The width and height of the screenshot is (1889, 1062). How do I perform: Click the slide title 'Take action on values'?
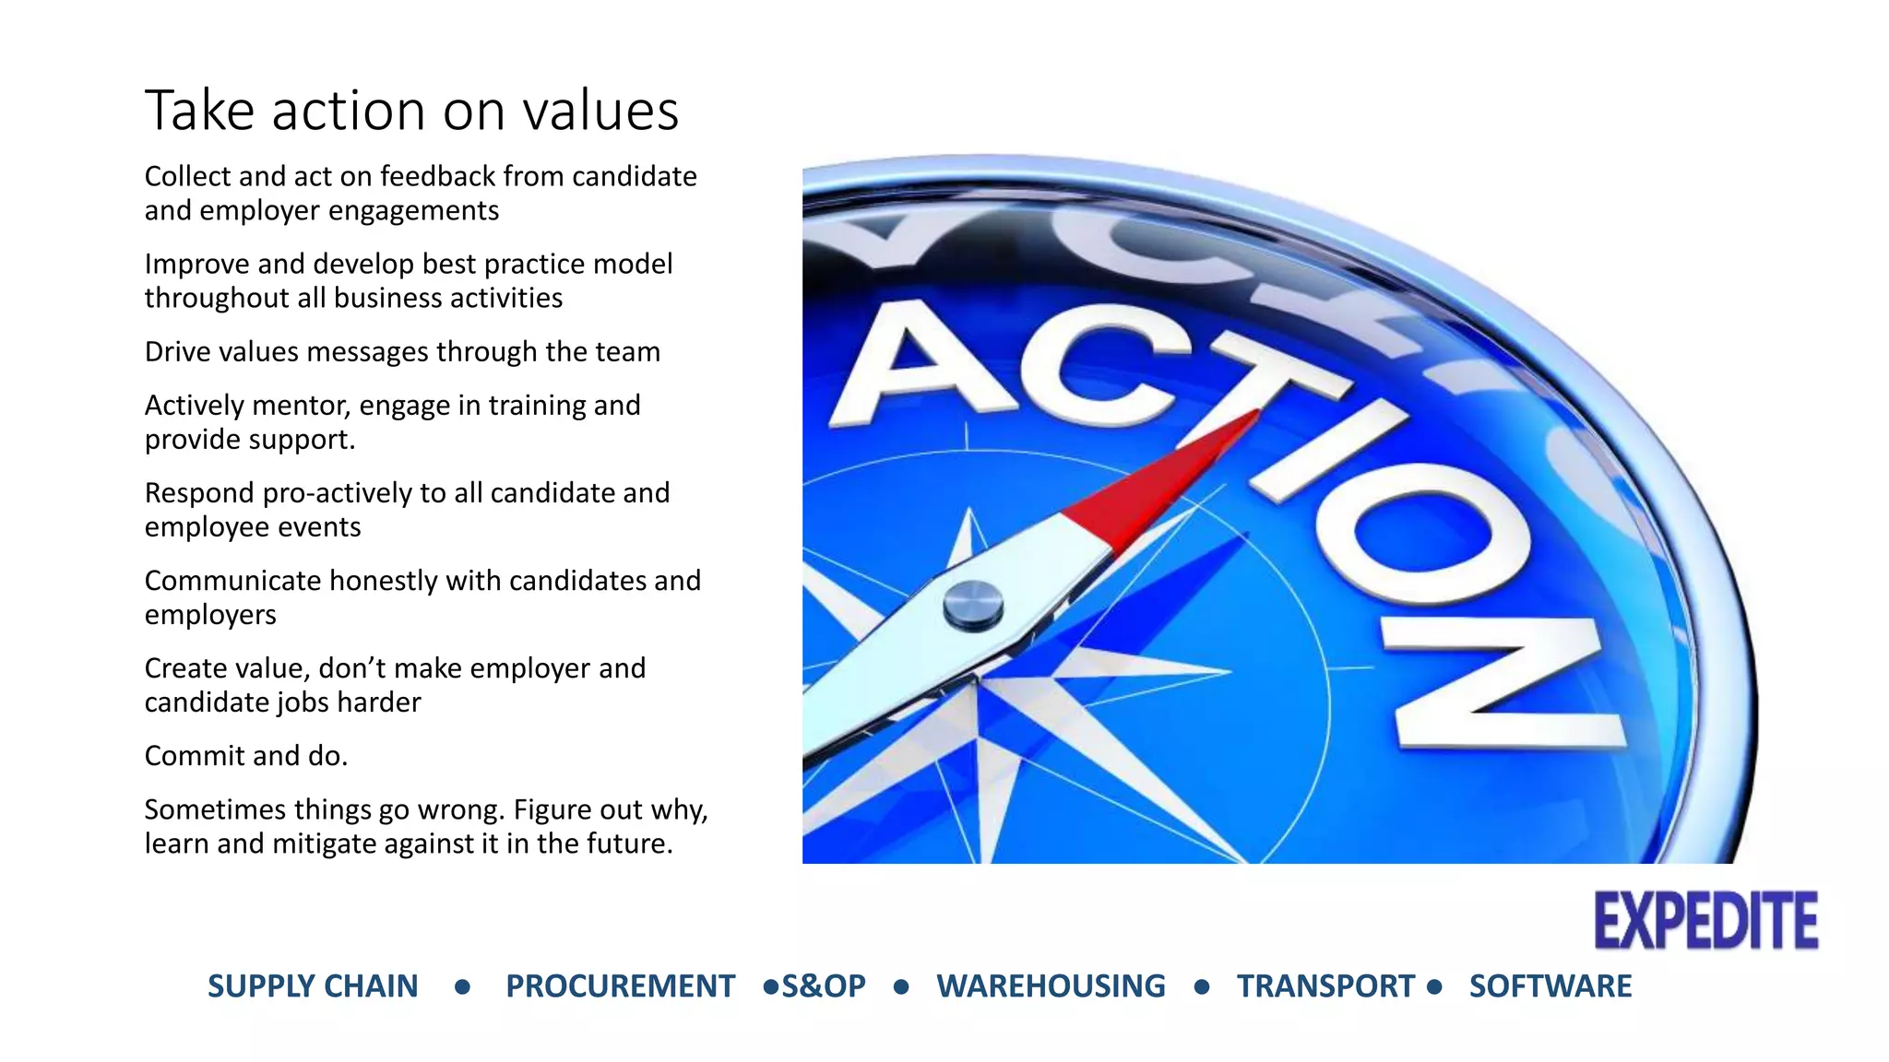click(x=411, y=112)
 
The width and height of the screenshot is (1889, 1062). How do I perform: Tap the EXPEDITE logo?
click(x=1705, y=921)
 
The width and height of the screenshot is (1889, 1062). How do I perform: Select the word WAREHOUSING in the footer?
click(x=1051, y=986)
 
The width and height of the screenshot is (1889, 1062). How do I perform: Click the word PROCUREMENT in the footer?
click(x=620, y=986)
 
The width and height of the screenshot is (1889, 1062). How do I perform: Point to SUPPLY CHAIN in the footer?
click(x=313, y=986)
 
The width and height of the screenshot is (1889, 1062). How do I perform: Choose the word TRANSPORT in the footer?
click(x=1325, y=986)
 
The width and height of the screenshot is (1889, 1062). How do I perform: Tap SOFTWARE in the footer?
click(x=1550, y=986)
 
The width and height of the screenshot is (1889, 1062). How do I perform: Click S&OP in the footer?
click(x=824, y=986)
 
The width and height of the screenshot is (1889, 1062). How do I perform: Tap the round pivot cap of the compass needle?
click(x=973, y=605)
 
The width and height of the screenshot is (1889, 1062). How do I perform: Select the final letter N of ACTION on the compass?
click(x=1503, y=682)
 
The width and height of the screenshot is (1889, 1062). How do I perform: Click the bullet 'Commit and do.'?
click(x=246, y=756)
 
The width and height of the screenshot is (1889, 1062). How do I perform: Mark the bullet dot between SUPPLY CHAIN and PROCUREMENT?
click(x=462, y=987)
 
